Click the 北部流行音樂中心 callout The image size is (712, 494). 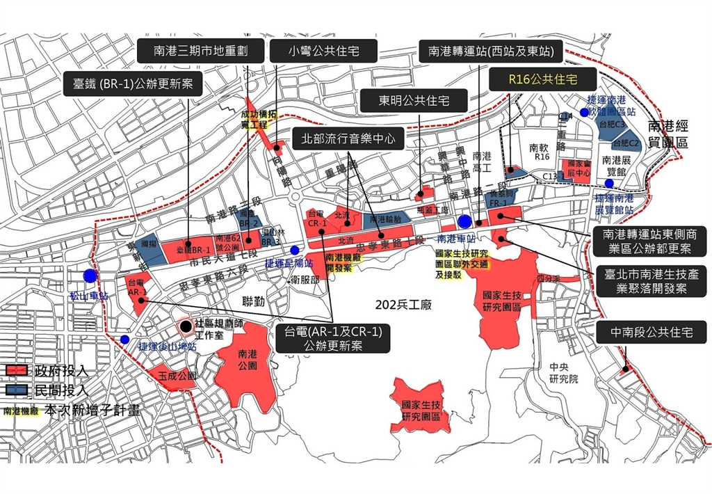click(x=347, y=138)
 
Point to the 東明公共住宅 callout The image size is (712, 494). click(x=414, y=101)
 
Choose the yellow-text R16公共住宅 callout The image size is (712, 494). click(x=543, y=79)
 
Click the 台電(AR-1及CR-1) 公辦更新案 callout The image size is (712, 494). click(x=333, y=338)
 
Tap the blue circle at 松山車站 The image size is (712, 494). click(x=89, y=276)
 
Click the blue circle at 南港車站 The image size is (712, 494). click(x=464, y=221)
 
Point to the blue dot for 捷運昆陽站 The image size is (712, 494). click(x=295, y=250)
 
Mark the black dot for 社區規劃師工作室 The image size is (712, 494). click(x=185, y=326)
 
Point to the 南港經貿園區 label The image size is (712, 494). click(x=667, y=134)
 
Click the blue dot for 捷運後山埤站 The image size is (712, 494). click(x=124, y=340)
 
